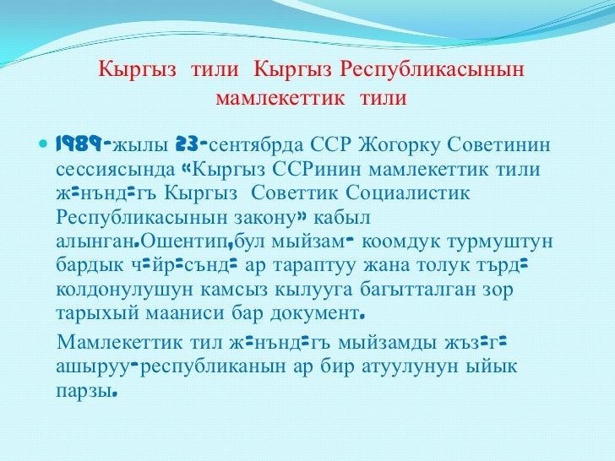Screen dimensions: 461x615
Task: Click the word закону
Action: [265, 219]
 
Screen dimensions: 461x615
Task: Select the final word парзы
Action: [82, 393]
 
